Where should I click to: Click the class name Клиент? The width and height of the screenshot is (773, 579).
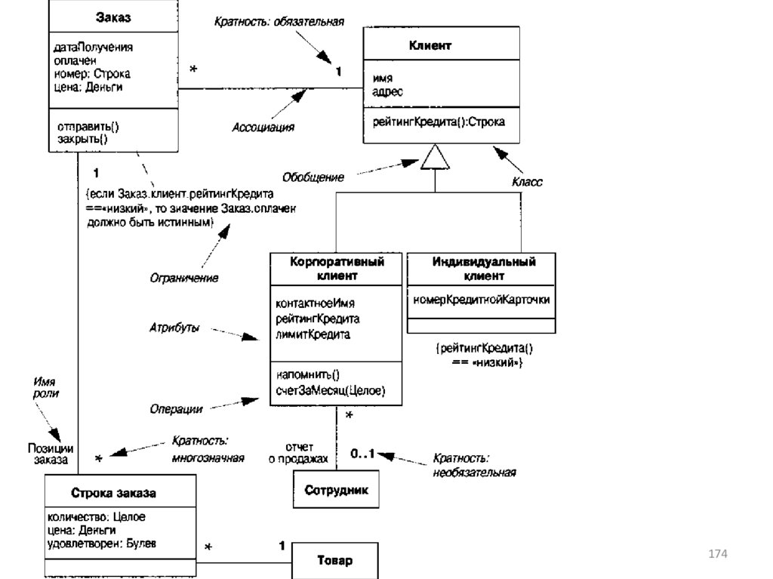click(x=430, y=46)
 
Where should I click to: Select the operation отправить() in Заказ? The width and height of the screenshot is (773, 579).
click(x=88, y=128)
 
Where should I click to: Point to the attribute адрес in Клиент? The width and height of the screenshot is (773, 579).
click(x=388, y=91)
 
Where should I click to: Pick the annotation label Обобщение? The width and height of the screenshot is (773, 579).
click(x=313, y=177)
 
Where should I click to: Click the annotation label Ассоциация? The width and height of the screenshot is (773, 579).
click(x=263, y=127)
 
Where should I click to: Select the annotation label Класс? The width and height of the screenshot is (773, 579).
click(x=527, y=182)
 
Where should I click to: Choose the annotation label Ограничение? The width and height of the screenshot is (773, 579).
click(x=183, y=278)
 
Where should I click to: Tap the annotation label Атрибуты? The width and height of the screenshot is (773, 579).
click(x=175, y=328)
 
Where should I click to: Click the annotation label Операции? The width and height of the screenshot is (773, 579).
click(x=175, y=408)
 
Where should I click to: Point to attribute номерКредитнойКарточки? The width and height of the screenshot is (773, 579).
click(x=482, y=299)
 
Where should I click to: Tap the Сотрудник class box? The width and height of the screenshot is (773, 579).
click(x=336, y=490)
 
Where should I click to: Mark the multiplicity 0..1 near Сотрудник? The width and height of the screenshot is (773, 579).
click(x=362, y=454)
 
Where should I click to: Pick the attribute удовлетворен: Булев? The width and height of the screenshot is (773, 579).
click(x=101, y=543)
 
